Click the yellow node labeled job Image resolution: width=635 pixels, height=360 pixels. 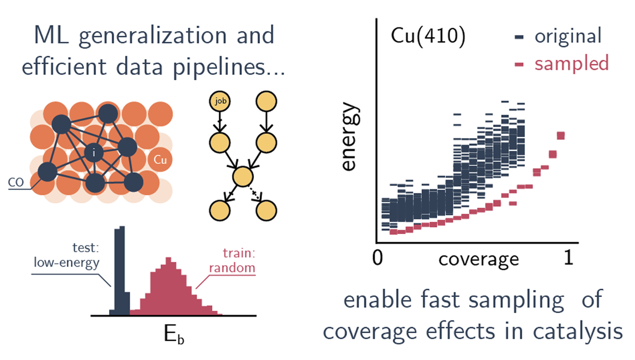[220, 101]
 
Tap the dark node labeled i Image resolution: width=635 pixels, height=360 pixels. [94, 153]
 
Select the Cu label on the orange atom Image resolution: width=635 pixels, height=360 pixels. [160, 160]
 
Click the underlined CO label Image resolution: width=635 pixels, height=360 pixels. [16, 183]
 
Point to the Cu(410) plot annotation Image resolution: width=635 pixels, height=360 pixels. [428, 36]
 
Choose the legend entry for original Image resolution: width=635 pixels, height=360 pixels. [558, 36]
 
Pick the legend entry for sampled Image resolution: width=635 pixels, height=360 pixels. [562, 63]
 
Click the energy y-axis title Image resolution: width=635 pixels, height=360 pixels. [351, 136]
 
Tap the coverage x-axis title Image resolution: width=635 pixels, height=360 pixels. [479, 259]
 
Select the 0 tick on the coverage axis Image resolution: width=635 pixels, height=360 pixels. [377, 258]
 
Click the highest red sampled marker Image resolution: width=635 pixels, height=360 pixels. [561, 136]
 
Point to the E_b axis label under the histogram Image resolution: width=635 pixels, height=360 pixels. [174, 334]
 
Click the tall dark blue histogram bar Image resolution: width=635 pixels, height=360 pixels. [120, 271]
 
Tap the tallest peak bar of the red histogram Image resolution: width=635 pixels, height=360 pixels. [168, 286]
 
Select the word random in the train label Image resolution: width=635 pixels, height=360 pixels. [232, 268]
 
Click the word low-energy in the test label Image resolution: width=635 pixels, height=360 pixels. [66, 263]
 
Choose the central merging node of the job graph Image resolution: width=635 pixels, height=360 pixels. [243, 176]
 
